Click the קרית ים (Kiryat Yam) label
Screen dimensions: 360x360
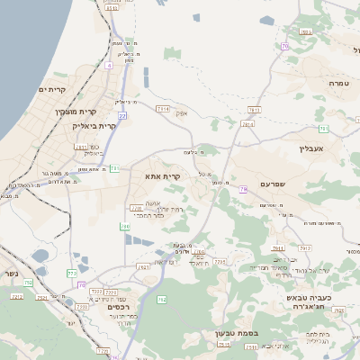pyautogui.click(x=54, y=91)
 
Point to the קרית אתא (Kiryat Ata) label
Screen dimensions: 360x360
pyautogui.click(x=163, y=175)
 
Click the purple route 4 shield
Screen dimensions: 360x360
pyautogui.click(x=108, y=65)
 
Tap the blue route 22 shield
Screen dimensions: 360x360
pyautogui.click(x=123, y=117)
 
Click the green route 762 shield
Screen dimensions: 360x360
pyautogui.click(x=162, y=299)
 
